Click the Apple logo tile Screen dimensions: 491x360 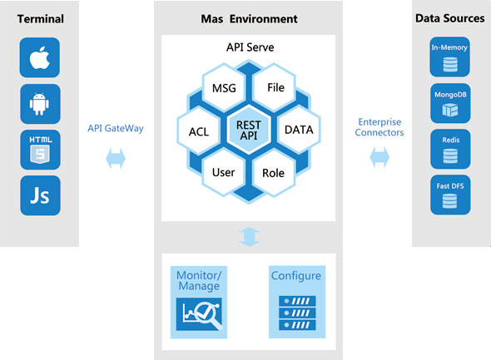coord(40,57)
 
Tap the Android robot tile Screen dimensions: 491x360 coord(40,104)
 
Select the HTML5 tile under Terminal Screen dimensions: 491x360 coord(40,150)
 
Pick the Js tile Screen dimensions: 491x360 coord(40,195)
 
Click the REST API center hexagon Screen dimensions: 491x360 coord(249,130)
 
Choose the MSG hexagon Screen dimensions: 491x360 coord(224,88)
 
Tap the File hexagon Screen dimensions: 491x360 coord(275,87)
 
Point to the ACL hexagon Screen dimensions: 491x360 coord(199,131)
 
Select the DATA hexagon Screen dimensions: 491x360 coord(299,130)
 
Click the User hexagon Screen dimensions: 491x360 coord(224,172)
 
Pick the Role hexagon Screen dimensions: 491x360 coord(274,173)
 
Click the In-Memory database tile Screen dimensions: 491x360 coord(449,57)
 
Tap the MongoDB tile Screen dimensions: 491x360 coord(450,103)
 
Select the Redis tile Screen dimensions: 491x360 coord(450,149)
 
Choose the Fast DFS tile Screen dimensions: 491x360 coord(450,195)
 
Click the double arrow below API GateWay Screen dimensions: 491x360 coord(116,159)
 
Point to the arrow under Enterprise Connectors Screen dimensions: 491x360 coord(379,157)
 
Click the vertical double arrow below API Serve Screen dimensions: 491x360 coord(250,236)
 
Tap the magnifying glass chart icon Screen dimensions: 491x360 coord(199,314)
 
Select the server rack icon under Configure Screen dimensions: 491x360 coord(297,313)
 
